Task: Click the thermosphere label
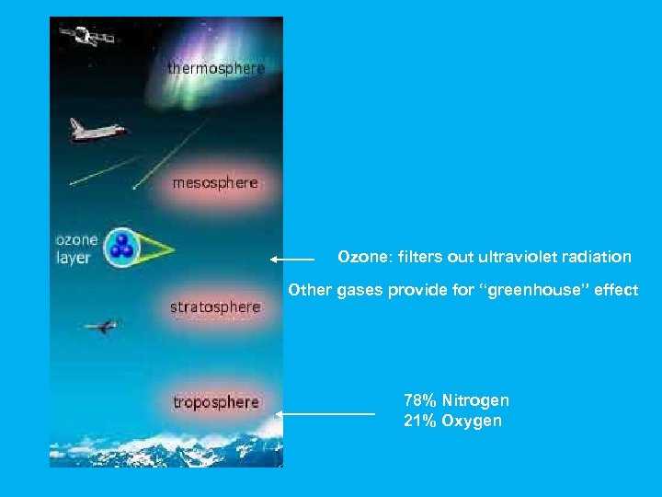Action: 216,69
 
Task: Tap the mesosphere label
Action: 215,183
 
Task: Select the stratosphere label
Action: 215,306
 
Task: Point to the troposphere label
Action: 216,402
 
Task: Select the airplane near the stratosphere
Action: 101,326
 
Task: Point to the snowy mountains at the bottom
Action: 165,446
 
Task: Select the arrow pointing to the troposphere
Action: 325,415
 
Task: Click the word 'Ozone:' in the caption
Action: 361,256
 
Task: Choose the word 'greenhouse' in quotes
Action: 534,290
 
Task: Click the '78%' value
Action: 420,400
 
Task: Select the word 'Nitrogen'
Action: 475,400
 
